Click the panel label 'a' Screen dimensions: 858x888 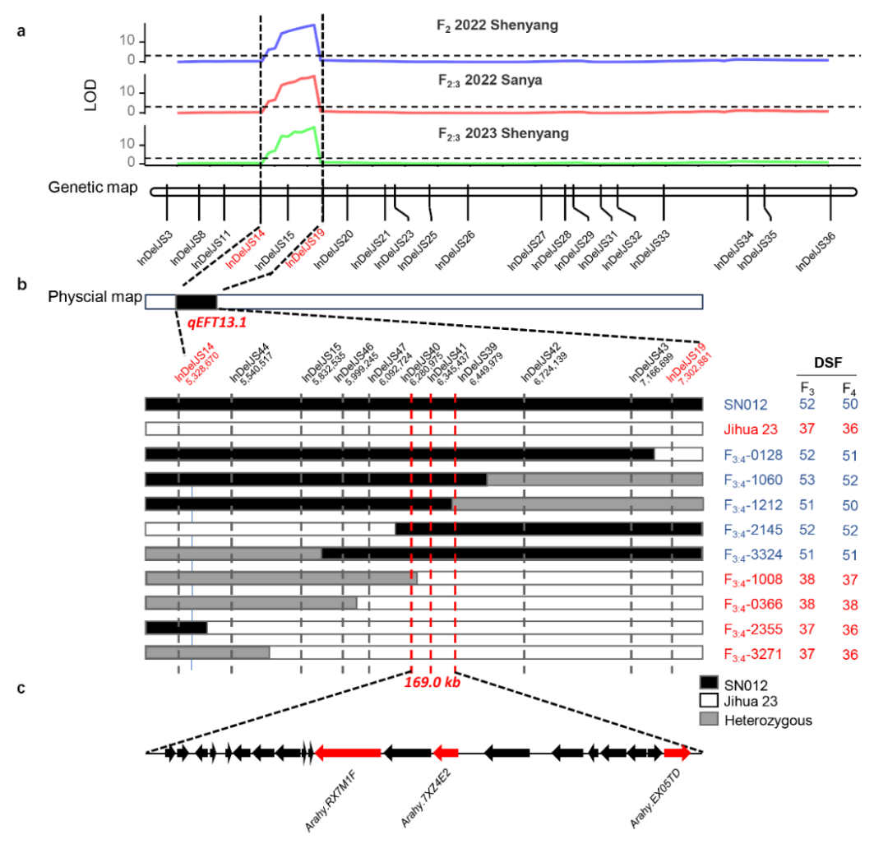pyautogui.click(x=22, y=32)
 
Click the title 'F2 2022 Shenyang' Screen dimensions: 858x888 pyautogui.click(x=497, y=26)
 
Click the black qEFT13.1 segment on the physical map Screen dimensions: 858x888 pyautogui.click(x=196, y=301)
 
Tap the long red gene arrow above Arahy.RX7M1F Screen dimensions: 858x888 pyautogui.click(x=348, y=752)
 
